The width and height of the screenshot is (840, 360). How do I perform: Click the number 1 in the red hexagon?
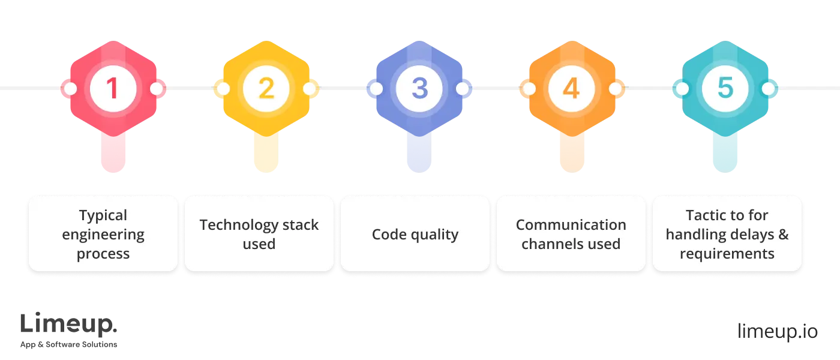(x=112, y=89)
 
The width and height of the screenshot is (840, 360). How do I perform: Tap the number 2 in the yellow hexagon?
(x=266, y=89)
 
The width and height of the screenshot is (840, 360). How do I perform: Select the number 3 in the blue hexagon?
(x=419, y=89)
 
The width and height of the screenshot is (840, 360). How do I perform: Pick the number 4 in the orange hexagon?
(x=571, y=89)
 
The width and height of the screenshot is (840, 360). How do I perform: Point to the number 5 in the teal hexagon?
(x=725, y=89)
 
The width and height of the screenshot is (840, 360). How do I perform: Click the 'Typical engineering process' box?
(x=103, y=234)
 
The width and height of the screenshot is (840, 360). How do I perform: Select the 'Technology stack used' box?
(x=259, y=234)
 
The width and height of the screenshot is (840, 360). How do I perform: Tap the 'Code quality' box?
(x=415, y=234)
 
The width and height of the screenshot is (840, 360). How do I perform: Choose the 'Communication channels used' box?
(x=571, y=234)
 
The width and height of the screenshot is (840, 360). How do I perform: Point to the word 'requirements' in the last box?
(x=727, y=253)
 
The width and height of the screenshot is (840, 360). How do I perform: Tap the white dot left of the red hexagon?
(x=70, y=89)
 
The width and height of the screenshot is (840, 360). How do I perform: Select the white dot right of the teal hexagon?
(x=768, y=89)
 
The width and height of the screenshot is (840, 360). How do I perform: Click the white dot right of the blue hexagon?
(x=462, y=89)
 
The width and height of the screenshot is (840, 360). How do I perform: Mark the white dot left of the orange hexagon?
(x=529, y=89)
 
